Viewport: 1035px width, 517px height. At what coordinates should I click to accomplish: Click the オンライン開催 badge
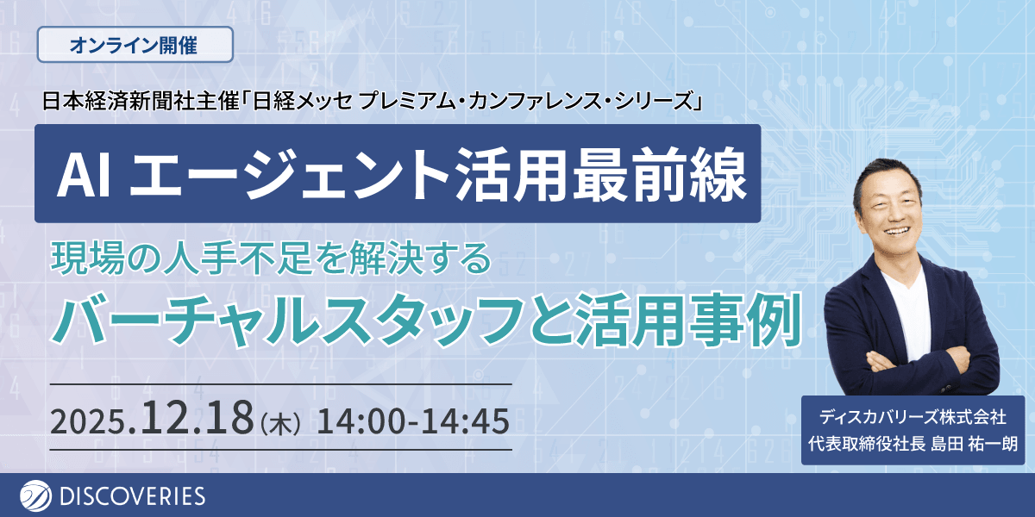(135, 45)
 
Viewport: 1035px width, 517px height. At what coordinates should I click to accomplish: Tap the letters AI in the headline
(84, 176)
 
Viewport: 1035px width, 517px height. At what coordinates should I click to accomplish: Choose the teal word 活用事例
(688, 320)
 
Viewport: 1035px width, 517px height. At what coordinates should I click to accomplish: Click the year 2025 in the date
(89, 422)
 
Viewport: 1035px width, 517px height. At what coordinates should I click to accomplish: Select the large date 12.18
(198, 417)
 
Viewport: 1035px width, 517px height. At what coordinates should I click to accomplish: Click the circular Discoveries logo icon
(35, 496)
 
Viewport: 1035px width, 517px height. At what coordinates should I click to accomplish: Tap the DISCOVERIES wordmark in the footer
(133, 496)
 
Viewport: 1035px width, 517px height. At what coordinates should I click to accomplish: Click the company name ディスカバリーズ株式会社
(913, 417)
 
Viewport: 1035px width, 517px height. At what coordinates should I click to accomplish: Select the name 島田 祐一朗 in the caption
(974, 444)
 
